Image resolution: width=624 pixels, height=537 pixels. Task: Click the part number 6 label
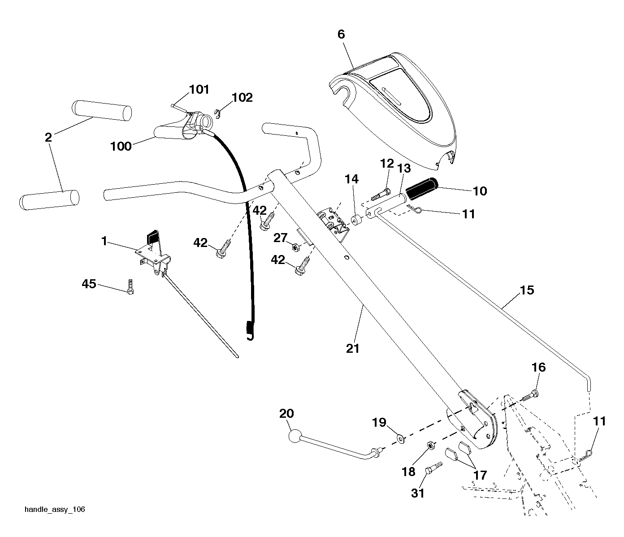(x=341, y=35)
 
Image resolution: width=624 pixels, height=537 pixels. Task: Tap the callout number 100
(x=121, y=147)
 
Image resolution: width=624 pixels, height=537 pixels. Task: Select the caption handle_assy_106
(x=55, y=510)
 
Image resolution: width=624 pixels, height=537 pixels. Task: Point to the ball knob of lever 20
(x=295, y=436)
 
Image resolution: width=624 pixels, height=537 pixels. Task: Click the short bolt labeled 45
(x=130, y=286)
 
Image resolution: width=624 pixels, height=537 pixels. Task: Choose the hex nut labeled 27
(x=295, y=247)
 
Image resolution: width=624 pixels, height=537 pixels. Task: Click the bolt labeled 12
(x=381, y=194)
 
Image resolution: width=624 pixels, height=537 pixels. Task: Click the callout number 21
(x=353, y=349)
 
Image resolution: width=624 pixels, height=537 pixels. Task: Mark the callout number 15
(x=527, y=290)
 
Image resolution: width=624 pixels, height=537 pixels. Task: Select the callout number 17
(x=480, y=475)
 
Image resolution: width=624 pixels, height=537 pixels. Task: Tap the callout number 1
(x=104, y=241)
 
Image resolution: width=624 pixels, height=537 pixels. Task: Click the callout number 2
(x=48, y=138)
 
